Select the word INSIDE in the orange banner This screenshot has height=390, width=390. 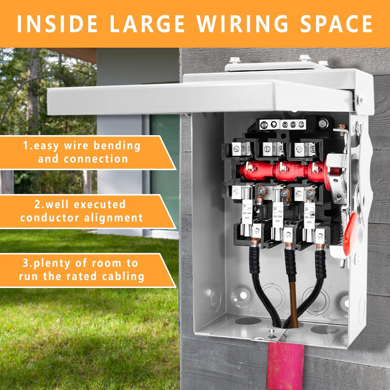coord(57,24)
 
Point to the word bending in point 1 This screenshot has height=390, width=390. coord(117,146)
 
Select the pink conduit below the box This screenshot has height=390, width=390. coord(284,364)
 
